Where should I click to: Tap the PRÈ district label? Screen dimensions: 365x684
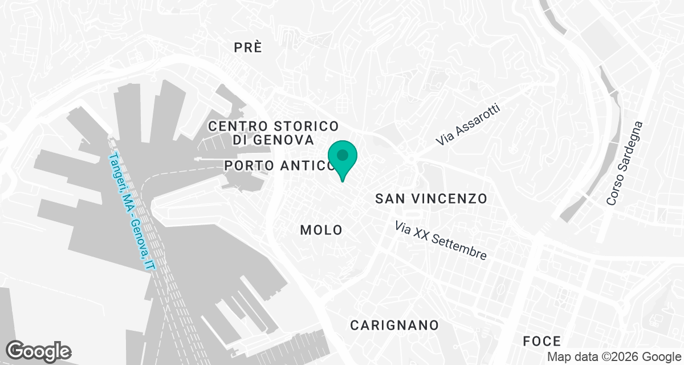point(248,48)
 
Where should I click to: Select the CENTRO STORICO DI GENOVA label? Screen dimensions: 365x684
point(274,132)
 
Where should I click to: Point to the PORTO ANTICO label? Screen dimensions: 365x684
point(279,165)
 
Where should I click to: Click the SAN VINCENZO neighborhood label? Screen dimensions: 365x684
point(431,198)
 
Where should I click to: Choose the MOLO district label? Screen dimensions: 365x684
point(321,230)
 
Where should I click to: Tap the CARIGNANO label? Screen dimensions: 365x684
point(394,325)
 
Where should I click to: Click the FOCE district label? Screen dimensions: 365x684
point(542,341)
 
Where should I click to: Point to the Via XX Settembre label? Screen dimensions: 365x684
point(442,240)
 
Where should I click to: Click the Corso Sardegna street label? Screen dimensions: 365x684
point(625,163)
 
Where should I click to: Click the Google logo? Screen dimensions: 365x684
point(39,350)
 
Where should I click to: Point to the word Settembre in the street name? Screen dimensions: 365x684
point(460,247)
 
